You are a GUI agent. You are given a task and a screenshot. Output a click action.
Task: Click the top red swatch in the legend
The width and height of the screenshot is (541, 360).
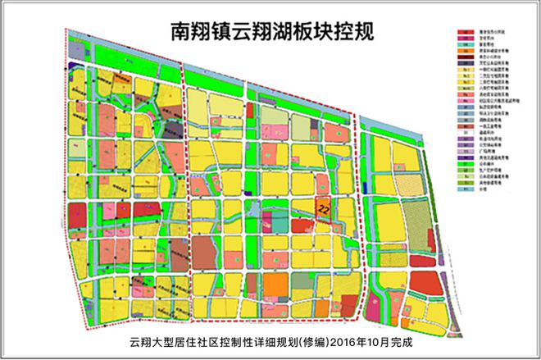[465, 32]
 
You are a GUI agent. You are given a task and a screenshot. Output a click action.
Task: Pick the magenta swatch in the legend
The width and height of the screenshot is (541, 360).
[465, 38]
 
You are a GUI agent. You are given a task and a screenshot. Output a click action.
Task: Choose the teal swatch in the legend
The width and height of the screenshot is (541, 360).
[465, 44]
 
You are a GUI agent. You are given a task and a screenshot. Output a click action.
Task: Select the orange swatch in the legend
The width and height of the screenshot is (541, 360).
[465, 51]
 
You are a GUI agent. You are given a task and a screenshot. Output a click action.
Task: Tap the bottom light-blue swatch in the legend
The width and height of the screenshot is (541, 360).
[465, 189]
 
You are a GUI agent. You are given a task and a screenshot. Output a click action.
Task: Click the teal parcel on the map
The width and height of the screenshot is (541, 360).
[280, 221]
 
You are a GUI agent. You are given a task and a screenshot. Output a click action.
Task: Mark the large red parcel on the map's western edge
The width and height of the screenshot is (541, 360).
[77, 216]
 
